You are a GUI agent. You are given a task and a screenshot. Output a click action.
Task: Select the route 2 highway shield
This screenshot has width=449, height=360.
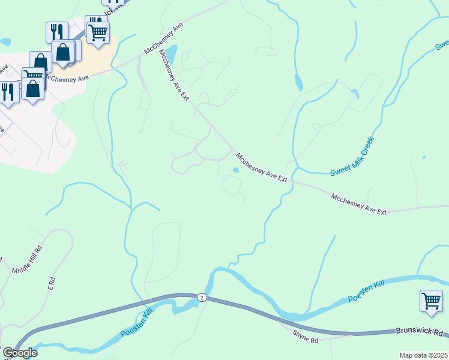pos(202,298)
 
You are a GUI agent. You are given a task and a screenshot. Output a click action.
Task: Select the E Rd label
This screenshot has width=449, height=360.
pos(52,281)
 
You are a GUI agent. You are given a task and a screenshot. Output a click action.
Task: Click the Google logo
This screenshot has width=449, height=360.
pos(19,353)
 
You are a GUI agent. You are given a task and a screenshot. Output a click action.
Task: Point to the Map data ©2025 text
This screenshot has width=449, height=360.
pos(423,355)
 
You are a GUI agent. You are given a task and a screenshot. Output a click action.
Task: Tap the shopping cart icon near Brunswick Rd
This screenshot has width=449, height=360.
pos(432,300)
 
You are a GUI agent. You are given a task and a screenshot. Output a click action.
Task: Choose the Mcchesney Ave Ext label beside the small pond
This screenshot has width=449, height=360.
pos(262,167)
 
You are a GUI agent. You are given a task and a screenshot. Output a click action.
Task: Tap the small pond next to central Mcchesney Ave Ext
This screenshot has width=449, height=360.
pos(236,170)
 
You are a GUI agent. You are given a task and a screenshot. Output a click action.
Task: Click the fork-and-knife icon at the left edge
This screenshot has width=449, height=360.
pos(7,92)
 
